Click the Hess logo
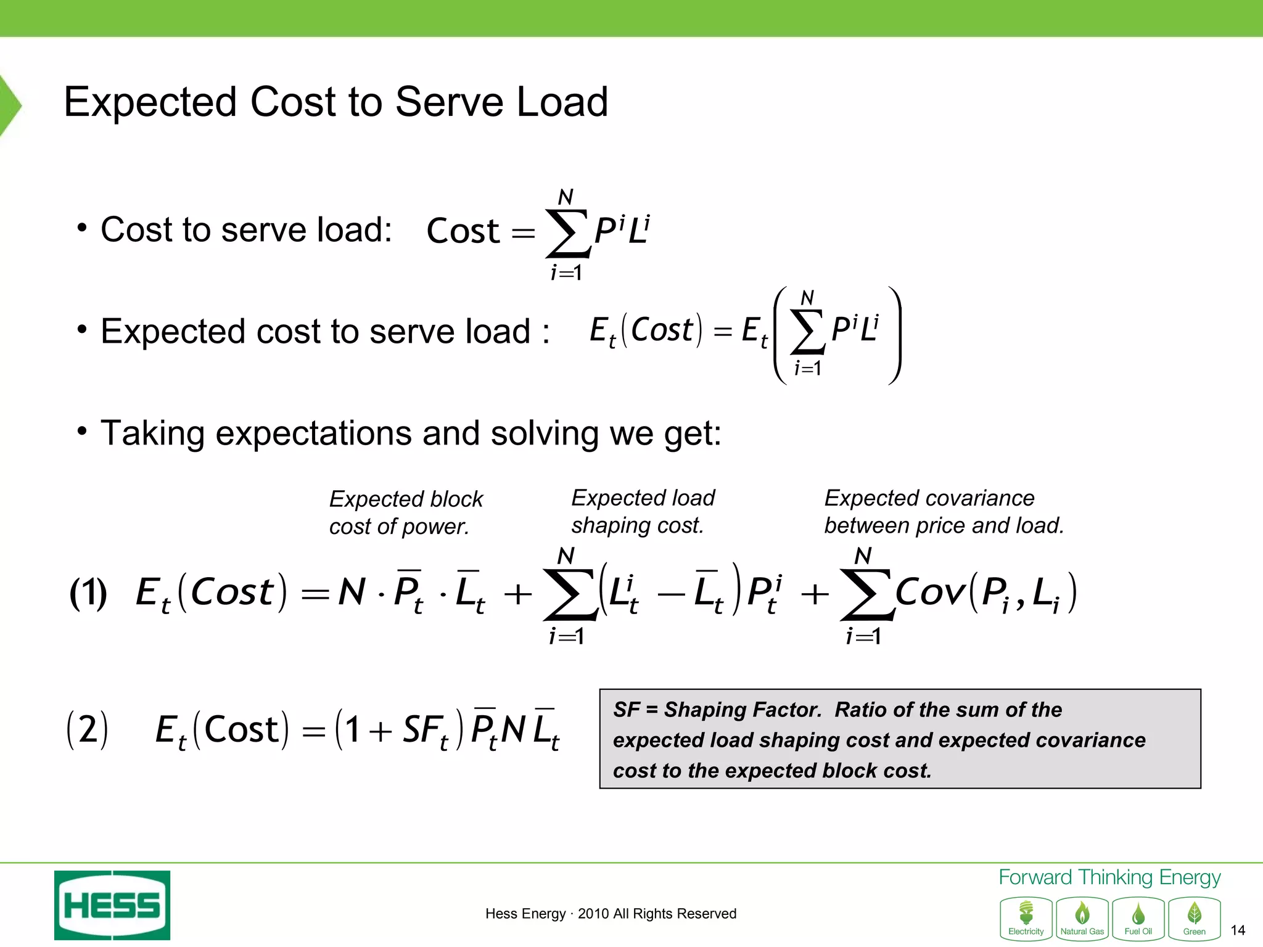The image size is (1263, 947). coord(112,904)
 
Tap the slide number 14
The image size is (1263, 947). coord(1237,930)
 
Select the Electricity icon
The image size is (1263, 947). coord(1026,919)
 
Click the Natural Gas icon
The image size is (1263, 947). coord(1082,919)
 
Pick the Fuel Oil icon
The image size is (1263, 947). coord(1138,919)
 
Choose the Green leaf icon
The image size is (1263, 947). coord(1195,919)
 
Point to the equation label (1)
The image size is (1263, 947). coord(88,593)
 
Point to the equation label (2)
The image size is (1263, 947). coord(87,730)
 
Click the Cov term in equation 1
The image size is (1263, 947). coord(930,593)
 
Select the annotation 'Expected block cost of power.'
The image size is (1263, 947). coord(406,512)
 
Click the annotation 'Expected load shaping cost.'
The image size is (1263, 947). coord(643,511)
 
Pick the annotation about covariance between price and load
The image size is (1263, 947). coord(944,511)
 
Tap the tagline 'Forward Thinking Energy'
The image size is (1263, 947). coord(1109,877)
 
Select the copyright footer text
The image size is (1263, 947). coord(611,914)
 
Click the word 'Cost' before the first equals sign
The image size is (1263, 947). coord(463,231)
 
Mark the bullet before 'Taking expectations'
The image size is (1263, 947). coord(82,431)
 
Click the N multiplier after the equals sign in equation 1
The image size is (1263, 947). coord(352,592)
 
